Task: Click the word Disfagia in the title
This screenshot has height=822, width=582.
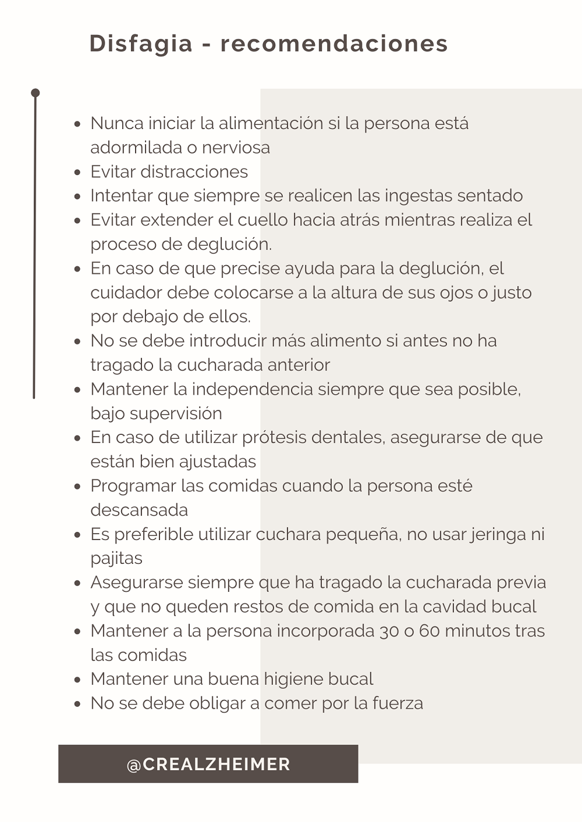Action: [141, 44]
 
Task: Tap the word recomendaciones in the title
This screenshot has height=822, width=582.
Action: [334, 44]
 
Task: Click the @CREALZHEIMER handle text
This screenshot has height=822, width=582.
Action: [208, 764]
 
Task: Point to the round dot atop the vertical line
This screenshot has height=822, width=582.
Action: [36, 93]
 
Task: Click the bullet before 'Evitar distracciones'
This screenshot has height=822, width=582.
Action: [77, 172]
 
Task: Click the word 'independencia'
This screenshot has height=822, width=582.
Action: [252, 389]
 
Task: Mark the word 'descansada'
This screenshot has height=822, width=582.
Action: [139, 510]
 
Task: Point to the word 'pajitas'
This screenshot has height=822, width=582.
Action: [116, 559]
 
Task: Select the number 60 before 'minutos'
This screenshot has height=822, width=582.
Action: [429, 631]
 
